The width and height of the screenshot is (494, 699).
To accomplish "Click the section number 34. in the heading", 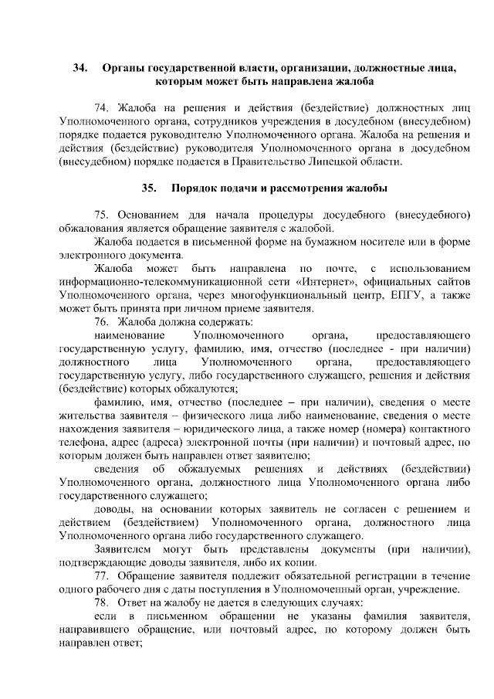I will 80,69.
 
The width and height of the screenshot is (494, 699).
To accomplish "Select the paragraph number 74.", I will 102,107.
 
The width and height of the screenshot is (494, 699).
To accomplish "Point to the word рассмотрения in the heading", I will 293,188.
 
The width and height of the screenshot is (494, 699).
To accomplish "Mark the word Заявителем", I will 124,549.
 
